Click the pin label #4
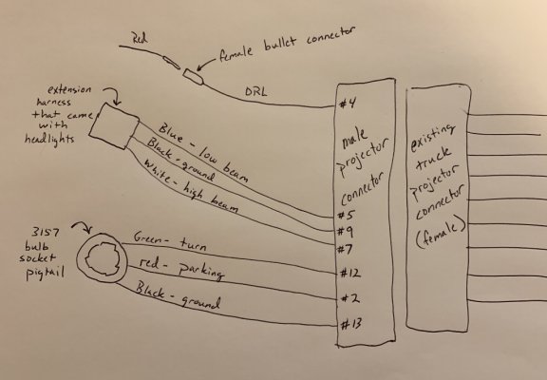[x=348, y=104]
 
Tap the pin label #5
[x=347, y=215]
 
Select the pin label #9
[x=346, y=232]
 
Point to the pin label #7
[x=345, y=249]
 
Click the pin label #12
[x=350, y=273]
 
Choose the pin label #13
[x=351, y=325]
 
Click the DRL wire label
[x=255, y=92]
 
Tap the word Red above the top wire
[x=140, y=38]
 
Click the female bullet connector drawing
[x=194, y=77]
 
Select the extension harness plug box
[x=114, y=126]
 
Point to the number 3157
[x=46, y=233]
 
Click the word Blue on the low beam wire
[x=171, y=134]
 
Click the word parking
[x=201, y=271]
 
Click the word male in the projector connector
[x=354, y=138]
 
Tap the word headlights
[x=49, y=140]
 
